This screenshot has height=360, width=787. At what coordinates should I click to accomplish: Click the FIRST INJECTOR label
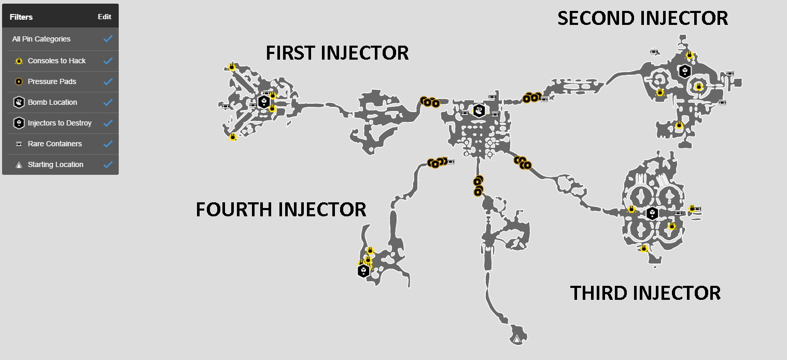(337, 53)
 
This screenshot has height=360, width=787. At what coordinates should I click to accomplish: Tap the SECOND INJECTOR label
(642, 18)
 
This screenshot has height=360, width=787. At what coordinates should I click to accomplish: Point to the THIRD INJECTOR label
(645, 293)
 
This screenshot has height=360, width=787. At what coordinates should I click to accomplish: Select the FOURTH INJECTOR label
(280, 210)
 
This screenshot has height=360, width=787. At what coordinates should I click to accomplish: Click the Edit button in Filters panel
(104, 17)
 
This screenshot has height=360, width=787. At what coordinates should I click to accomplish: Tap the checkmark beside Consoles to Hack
(108, 61)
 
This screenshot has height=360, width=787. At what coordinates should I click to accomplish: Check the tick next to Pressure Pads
(108, 81)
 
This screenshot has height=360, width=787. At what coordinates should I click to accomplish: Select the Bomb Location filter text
(52, 102)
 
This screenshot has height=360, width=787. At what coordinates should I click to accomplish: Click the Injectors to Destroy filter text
(60, 123)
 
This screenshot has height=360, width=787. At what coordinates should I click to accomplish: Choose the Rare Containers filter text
(54, 144)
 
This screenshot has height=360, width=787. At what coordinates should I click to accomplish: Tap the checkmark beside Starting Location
(108, 164)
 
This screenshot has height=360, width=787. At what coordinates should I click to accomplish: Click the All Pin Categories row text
(41, 39)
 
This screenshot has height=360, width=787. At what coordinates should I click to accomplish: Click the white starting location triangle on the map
(517, 340)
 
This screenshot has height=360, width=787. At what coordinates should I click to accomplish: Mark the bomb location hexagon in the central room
(479, 110)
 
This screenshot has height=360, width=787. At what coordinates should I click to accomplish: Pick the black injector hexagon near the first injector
(264, 102)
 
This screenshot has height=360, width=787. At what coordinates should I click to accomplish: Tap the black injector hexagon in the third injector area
(652, 213)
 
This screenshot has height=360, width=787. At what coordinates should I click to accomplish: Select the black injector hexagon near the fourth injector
(363, 271)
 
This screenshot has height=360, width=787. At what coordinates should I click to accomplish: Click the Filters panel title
(21, 17)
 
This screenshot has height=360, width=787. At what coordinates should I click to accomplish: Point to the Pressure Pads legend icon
(19, 81)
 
